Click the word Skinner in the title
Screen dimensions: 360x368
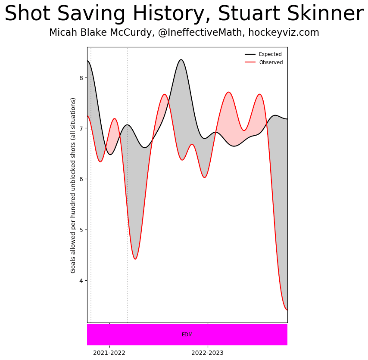(328, 14)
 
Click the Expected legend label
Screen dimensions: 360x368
(270, 54)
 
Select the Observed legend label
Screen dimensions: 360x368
(271, 62)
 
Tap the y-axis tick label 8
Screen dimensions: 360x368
(81, 78)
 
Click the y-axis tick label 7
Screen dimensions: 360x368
(81, 128)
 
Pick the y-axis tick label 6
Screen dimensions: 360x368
(81, 179)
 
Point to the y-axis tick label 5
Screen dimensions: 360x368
(81, 230)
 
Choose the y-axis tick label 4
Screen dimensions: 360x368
(81, 280)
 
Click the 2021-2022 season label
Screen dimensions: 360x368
(109, 353)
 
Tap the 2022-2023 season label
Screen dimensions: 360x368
(208, 353)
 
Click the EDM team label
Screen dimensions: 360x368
(187, 335)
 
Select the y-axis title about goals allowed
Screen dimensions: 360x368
(73, 185)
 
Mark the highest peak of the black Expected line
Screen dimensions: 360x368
(181, 59)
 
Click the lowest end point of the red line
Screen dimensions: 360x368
(287, 310)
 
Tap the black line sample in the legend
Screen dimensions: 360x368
(250, 54)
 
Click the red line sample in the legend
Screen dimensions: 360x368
(250, 62)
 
